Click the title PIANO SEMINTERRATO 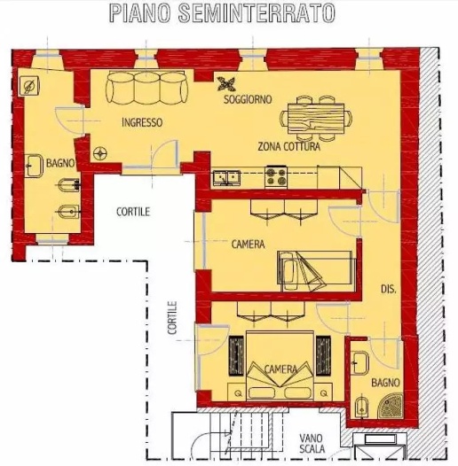point(222,13)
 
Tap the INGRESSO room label point(142,122)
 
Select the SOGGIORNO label point(248,99)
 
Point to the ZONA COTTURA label point(288,146)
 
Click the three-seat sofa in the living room point(146,88)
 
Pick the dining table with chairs point(316,118)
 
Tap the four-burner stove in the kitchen point(276,176)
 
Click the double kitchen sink point(226,178)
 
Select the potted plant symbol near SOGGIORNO point(227,84)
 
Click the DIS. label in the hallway point(389,289)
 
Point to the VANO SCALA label point(312,443)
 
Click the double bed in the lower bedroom point(280,365)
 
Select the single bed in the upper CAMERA point(317,271)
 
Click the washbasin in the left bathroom point(34,166)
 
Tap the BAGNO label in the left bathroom point(59,163)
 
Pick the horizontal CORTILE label point(133,212)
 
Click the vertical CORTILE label point(172,318)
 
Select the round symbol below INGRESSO point(100,153)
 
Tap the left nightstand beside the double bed point(237,392)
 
